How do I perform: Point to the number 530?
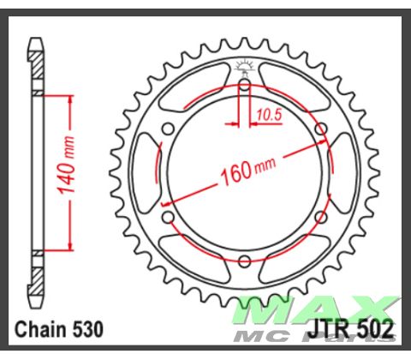pos(89,328)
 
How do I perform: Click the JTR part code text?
pos(325,328)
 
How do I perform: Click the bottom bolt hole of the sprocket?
pos(244,261)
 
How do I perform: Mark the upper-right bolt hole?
pos(320,129)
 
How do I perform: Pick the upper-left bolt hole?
pos(169,129)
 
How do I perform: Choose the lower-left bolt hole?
pos(169,218)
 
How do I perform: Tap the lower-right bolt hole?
pos(320,218)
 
